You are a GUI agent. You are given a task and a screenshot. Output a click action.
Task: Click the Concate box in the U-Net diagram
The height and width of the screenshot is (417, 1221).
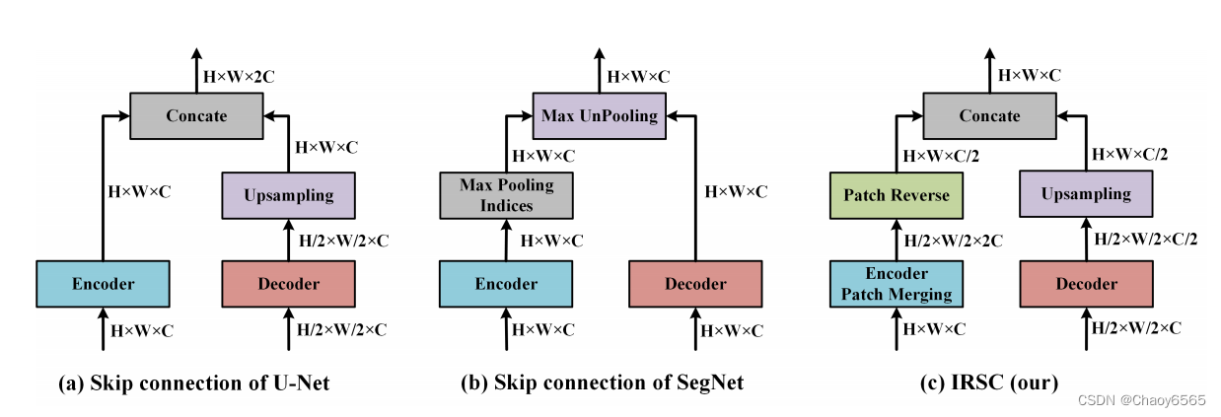click(196, 116)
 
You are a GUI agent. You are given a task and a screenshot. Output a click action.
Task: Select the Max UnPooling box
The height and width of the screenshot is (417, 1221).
click(599, 116)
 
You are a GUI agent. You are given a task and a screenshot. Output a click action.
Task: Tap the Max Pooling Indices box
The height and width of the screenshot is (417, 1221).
click(507, 195)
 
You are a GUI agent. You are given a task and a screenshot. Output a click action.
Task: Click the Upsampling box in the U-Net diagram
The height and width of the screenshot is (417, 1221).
click(288, 195)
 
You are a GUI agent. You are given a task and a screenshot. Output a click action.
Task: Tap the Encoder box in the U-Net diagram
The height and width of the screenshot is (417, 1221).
click(103, 284)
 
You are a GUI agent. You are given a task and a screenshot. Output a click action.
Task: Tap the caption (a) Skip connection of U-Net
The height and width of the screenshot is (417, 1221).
click(193, 382)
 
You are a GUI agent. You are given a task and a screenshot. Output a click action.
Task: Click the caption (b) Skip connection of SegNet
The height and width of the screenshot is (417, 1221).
click(602, 382)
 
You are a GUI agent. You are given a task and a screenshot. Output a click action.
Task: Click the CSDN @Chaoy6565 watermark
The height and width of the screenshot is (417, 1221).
click(1142, 400)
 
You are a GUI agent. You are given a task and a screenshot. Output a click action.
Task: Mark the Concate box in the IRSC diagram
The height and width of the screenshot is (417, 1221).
click(989, 116)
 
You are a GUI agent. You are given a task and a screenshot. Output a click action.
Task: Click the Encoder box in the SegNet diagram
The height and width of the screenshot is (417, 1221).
click(507, 284)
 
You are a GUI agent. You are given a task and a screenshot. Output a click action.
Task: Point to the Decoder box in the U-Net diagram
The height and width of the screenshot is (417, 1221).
click(288, 284)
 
